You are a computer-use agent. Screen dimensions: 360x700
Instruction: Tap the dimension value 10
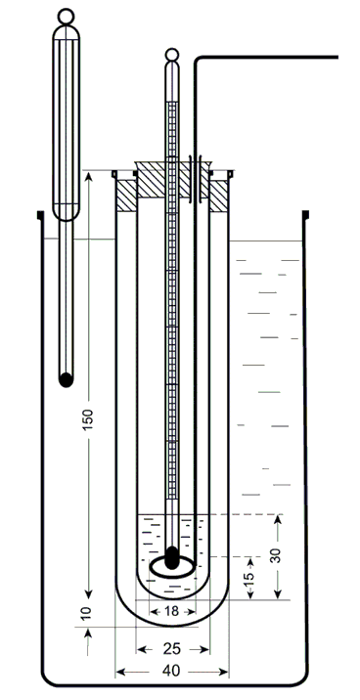[x=87, y=612]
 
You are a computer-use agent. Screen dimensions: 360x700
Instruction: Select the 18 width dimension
[x=172, y=611]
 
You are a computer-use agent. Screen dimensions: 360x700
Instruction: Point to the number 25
[x=172, y=649]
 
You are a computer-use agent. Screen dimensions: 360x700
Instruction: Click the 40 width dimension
[x=172, y=671]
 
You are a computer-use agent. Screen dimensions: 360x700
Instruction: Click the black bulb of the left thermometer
[x=67, y=379]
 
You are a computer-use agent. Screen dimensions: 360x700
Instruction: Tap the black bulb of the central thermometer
[x=171, y=558]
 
